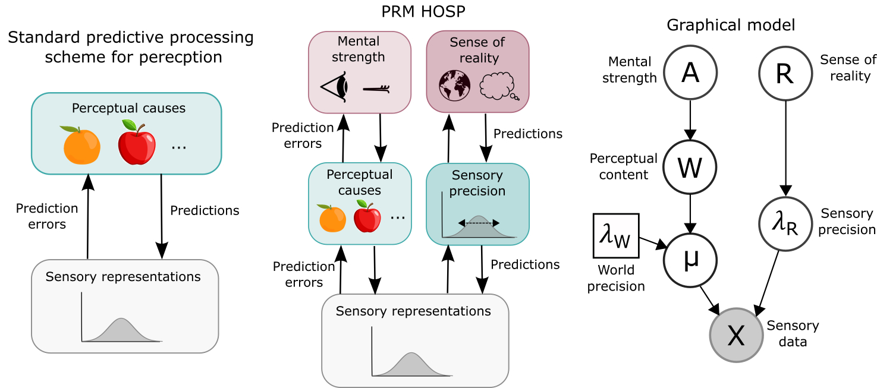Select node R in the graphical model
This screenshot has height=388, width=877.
785,74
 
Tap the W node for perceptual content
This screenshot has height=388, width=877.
690,168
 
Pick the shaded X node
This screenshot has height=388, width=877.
736,335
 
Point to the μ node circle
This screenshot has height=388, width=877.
690,260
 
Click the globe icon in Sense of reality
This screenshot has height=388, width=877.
454,86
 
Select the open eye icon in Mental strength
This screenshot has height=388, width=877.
334,88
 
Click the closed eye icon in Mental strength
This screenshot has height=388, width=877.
375,89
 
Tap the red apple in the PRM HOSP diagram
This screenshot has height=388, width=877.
367,217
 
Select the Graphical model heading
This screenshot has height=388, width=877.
731,25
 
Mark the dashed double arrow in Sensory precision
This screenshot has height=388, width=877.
478,223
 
